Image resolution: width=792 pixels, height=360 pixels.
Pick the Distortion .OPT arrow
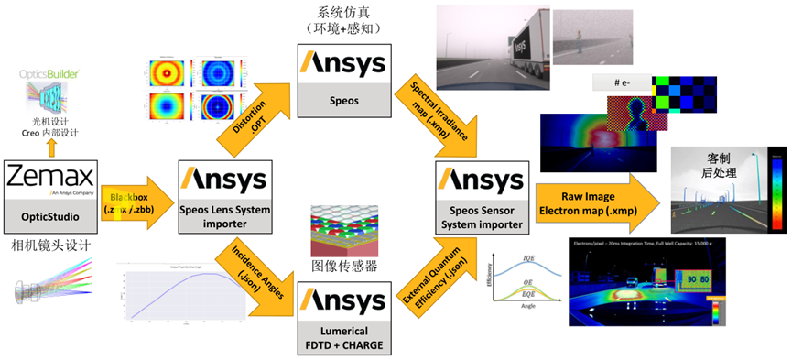click(x=246, y=119)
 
